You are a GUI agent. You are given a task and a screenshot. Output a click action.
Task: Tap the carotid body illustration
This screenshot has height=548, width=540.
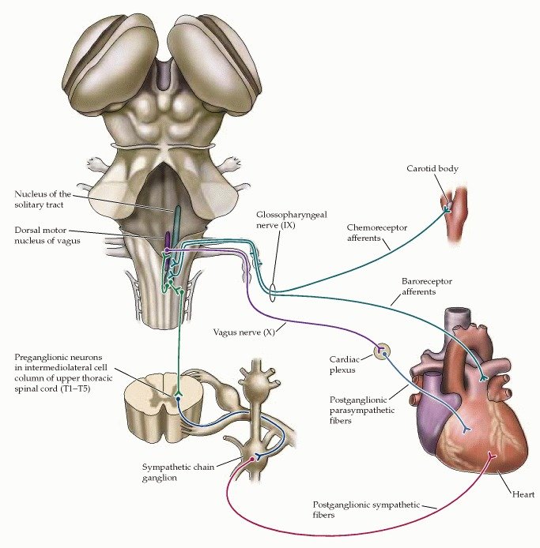tap(452, 216)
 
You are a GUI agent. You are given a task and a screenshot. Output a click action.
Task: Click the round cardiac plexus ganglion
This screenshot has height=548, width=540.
tap(382, 350)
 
